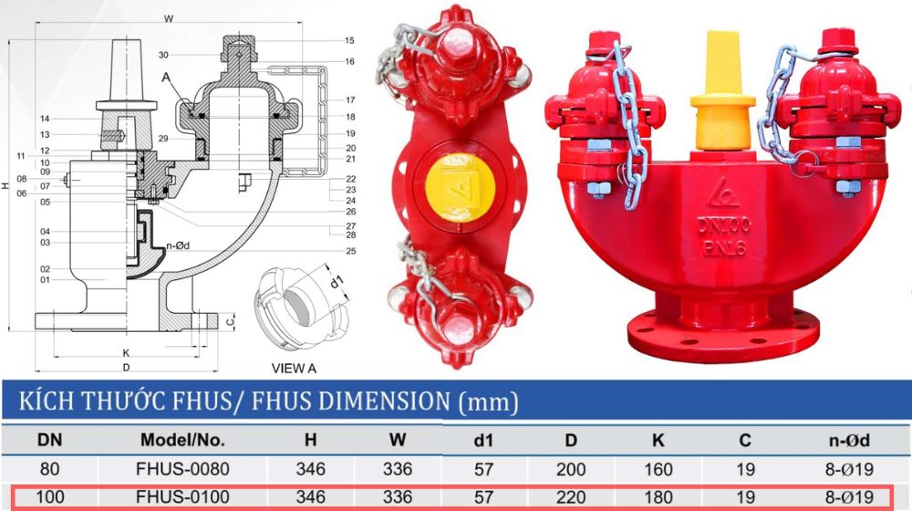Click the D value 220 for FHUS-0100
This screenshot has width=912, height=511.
570,498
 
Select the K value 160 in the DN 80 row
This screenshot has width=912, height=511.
658,469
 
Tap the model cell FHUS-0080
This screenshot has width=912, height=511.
182,469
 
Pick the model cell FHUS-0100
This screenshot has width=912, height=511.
182,498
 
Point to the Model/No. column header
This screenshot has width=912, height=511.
182,440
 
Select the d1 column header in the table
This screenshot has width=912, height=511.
482,440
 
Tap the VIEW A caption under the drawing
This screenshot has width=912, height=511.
294,369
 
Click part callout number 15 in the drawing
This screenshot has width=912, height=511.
349,41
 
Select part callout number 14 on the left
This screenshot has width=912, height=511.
44,120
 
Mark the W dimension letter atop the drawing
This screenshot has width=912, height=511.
168,18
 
